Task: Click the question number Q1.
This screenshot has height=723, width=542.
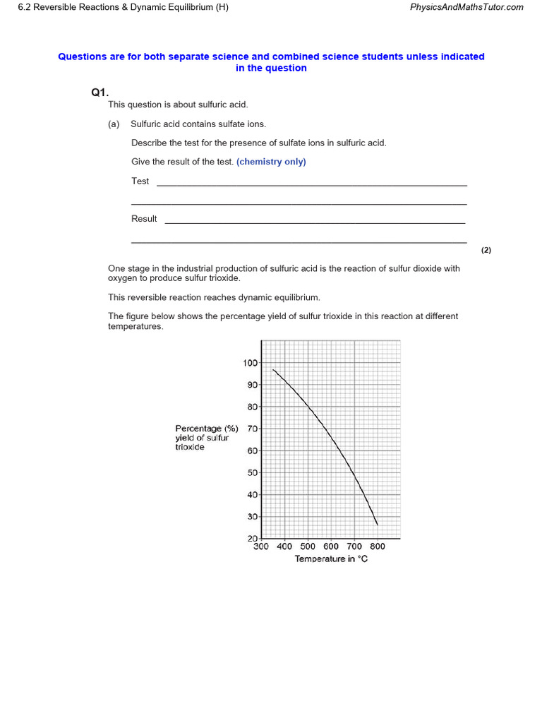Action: (x=99, y=92)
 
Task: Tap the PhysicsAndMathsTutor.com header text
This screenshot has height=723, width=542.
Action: (x=466, y=7)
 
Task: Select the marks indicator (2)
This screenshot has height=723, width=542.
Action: (x=486, y=250)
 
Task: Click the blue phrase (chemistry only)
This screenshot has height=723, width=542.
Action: (x=271, y=162)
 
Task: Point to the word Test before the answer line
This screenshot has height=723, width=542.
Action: (x=140, y=181)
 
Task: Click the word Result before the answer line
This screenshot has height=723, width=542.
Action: (x=144, y=219)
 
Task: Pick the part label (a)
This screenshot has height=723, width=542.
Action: (x=114, y=124)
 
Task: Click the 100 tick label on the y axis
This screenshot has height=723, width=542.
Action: (x=251, y=363)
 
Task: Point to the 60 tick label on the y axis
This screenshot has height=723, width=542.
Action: (x=253, y=450)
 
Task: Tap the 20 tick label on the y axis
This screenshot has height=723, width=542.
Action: (x=253, y=539)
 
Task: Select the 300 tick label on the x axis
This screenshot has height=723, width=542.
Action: (x=261, y=546)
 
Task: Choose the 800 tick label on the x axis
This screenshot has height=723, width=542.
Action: (x=378, y=546)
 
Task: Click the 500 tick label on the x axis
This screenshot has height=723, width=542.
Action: (x=308, y=546)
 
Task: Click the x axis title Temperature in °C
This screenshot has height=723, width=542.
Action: (x=331, y=559)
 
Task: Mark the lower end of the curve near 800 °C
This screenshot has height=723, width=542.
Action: (x=378, y=525)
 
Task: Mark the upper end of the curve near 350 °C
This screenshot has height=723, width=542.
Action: (x=273, y=369)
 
